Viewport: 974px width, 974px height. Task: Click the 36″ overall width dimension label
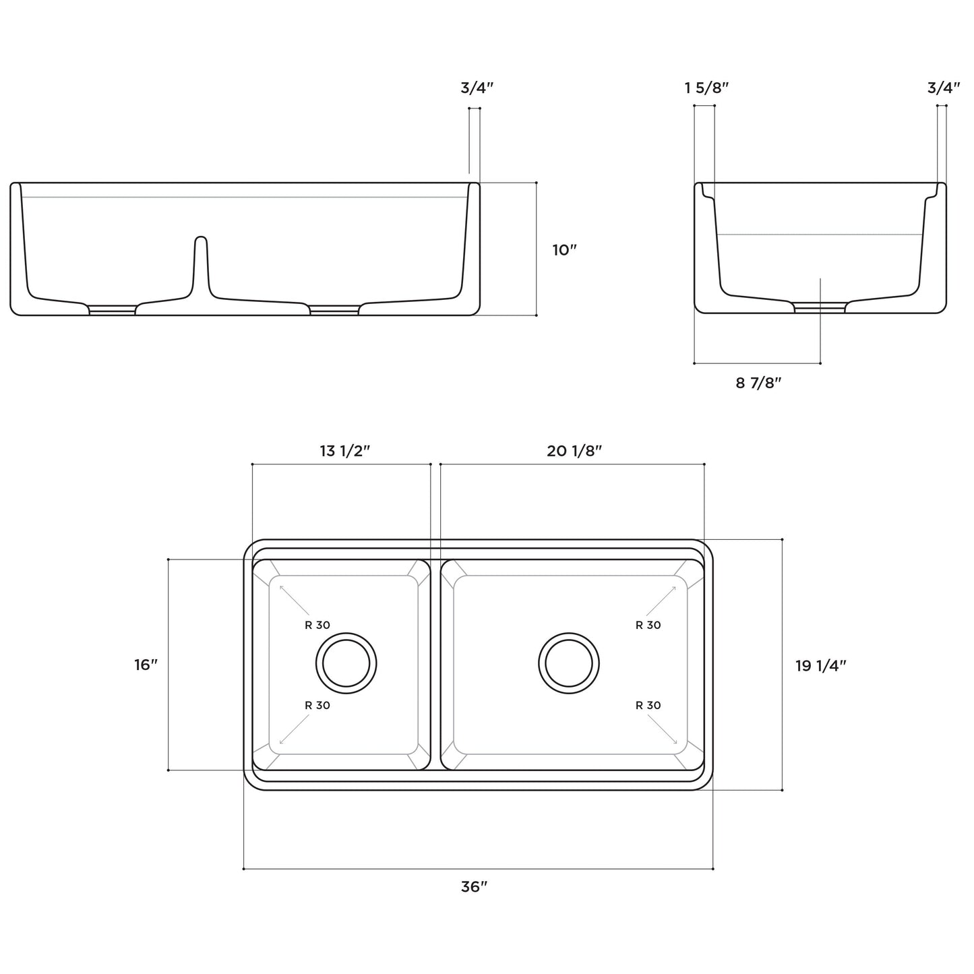(474, 887)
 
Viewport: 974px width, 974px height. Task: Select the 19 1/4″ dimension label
(820, 665)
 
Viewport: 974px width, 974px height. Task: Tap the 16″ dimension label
(146, 665)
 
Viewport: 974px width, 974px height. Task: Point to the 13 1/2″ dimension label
(345, 451)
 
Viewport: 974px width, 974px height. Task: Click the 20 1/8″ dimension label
(574, 451)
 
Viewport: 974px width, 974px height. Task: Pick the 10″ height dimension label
(565, 250)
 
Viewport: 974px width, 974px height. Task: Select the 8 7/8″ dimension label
(758, 383)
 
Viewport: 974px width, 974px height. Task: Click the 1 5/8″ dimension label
(706, 88)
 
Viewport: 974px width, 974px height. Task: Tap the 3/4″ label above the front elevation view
(477, 88)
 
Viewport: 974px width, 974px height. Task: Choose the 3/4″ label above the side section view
(943, 88)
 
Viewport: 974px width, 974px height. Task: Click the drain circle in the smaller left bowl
(346, 663)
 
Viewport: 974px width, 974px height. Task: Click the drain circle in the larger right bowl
(569, 663)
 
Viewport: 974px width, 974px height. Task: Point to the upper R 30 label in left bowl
(317, 625)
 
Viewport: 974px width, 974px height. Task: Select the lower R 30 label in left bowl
(317, 705)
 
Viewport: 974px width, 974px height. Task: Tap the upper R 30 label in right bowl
(648, 625)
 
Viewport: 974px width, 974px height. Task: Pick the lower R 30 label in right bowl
(648, 705)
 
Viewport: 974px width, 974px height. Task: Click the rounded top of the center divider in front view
(200, 239)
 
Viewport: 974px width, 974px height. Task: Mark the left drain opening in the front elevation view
(113, 310)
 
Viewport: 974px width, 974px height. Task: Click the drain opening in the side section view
(820, 308)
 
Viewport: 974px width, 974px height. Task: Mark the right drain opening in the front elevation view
(334, 310)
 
